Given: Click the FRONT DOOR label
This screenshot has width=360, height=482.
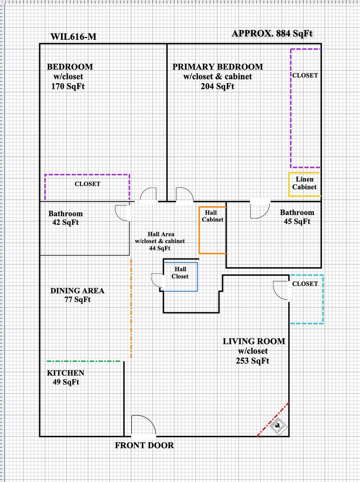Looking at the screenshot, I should [x=145, y=445].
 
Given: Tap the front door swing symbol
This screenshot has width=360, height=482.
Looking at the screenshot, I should [x=143, y=425].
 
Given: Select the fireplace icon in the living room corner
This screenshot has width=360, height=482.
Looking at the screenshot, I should [x=280, y=426].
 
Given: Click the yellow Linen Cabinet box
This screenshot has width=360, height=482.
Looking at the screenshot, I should [x=304, y=184].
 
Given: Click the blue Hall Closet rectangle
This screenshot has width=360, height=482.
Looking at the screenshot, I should [x=180, y=277].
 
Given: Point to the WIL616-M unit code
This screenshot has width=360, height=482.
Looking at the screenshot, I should [x=74, y=37].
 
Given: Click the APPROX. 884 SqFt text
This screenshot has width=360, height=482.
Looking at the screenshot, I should [x=275, y=33].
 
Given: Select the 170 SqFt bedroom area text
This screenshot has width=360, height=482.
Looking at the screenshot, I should [x=68, y=86].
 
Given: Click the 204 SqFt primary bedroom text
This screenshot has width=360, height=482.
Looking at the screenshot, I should [x=217, y=87].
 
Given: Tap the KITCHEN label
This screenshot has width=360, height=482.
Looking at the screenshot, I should [x=66, y=373].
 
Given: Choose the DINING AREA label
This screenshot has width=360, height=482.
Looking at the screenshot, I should [x=77, y=291].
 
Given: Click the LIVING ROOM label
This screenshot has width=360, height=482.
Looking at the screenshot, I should [x=254, y=341].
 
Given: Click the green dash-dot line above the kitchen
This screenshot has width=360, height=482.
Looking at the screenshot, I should [x=84, y=361].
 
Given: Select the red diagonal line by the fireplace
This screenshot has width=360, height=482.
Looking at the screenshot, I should [x=273, y=419].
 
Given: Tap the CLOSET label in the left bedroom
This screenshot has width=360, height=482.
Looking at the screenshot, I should [x=87, y=184].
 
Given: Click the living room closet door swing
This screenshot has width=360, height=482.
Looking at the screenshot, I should [x=281, y=291].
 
